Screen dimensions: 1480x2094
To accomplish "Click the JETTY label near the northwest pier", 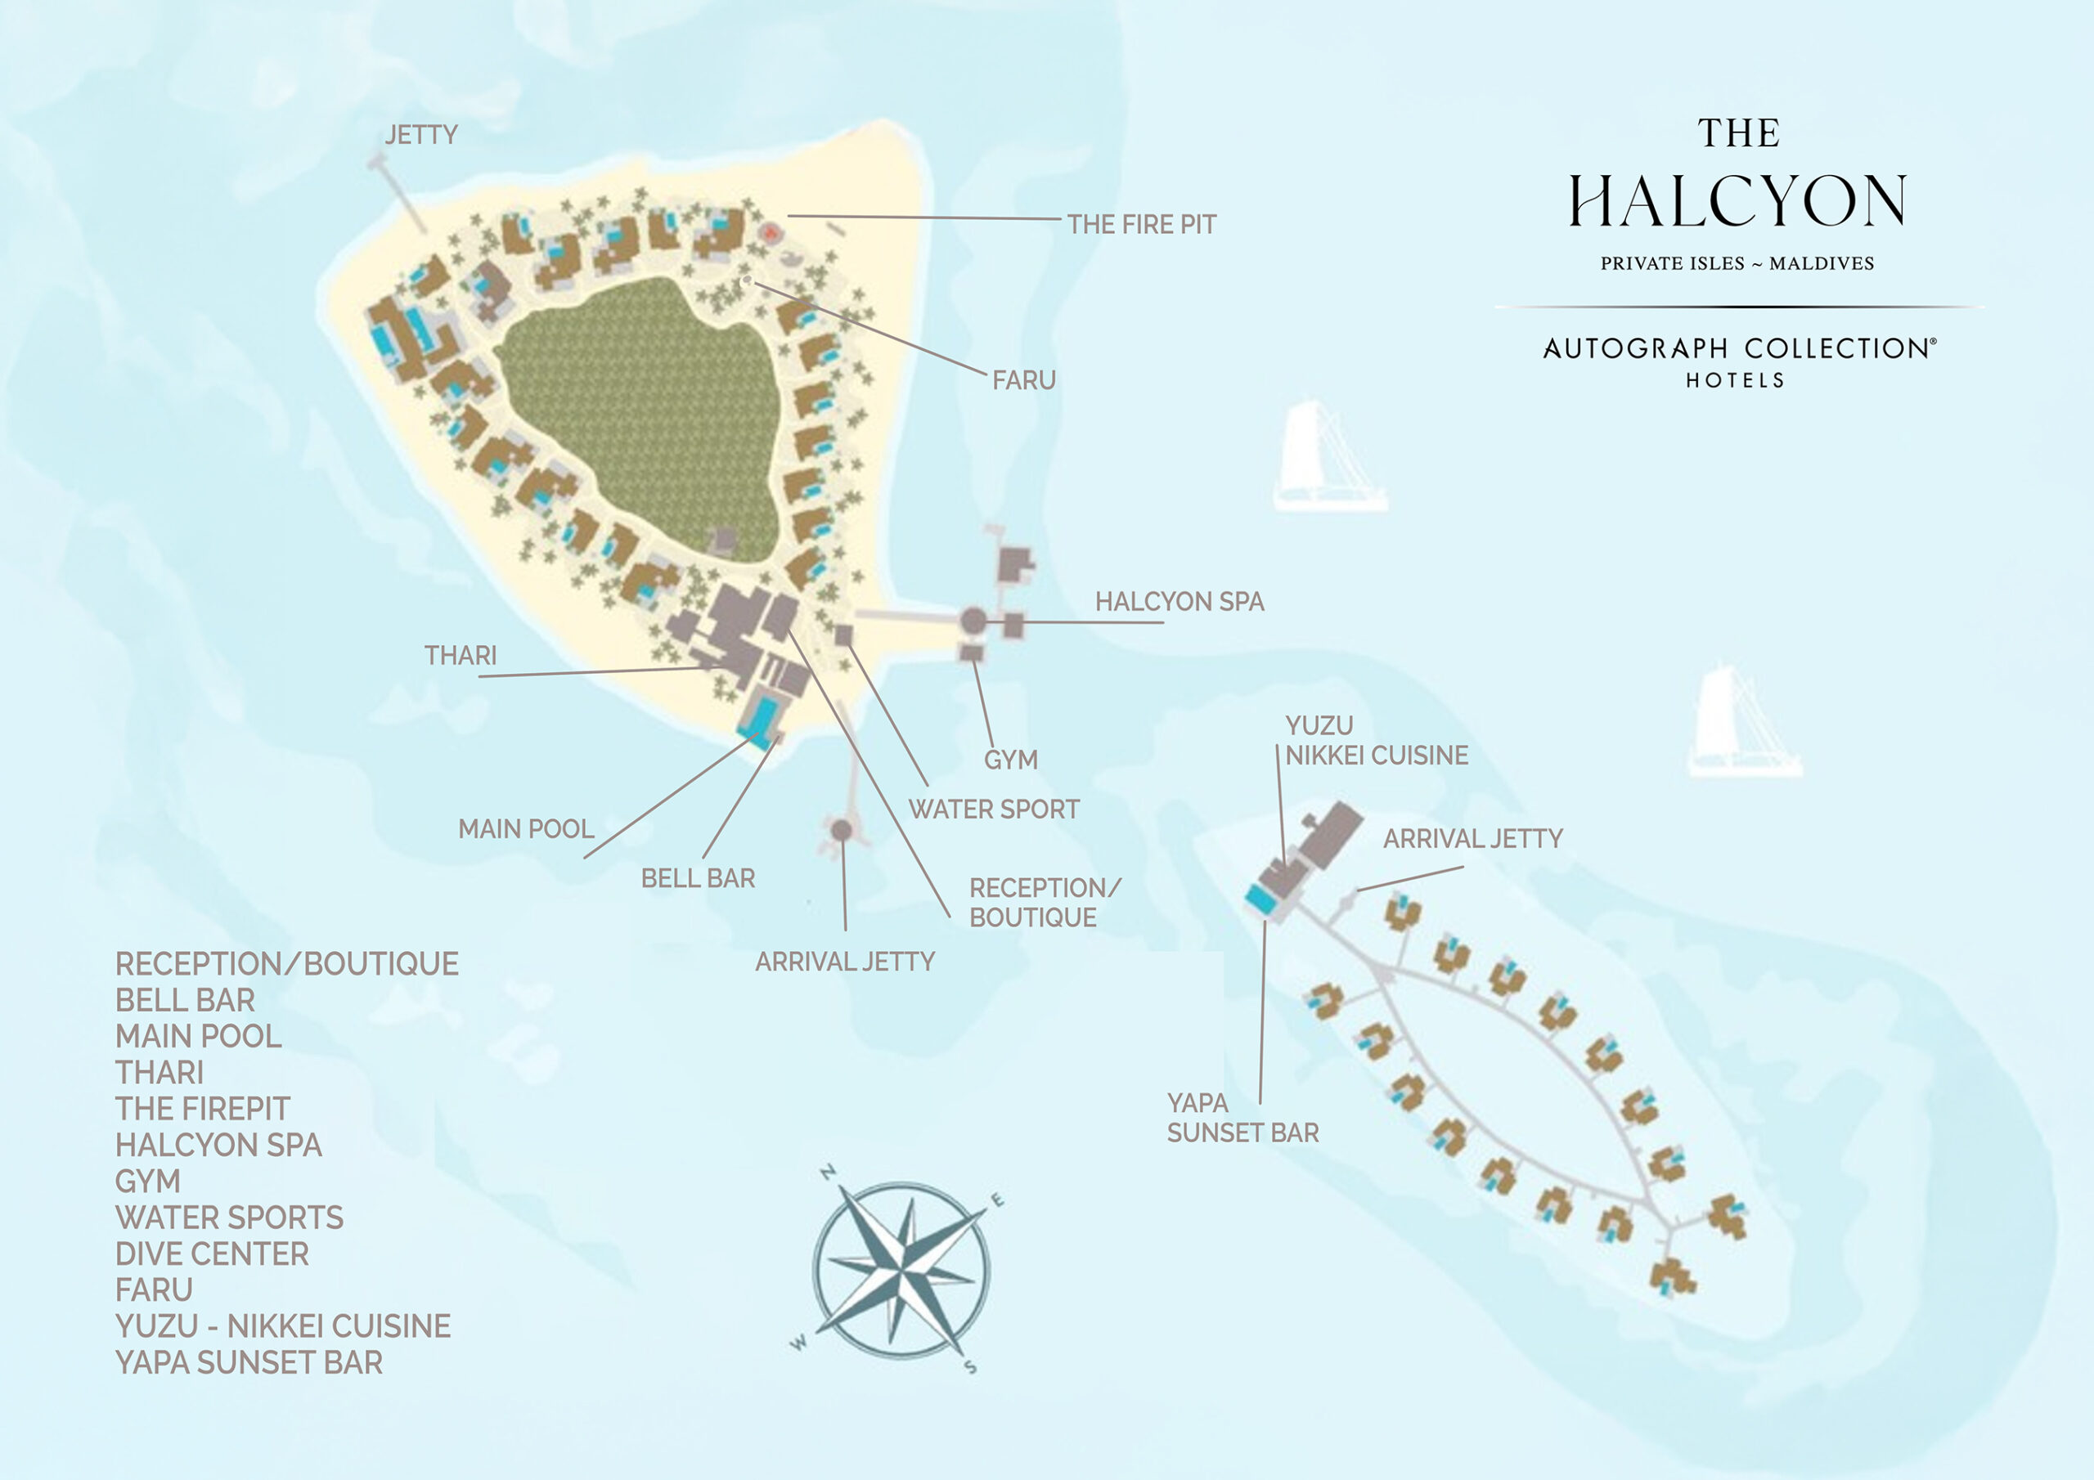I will tap(420, 135).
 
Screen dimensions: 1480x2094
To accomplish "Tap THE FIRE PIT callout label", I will tap(1141, 224).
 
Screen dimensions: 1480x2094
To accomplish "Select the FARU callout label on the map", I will tap(1023, 380).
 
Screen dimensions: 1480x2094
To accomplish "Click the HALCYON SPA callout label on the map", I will tap(1180, 602).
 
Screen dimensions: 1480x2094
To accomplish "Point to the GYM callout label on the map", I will tap(1010, 760).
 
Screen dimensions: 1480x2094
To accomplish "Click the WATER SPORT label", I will tap(993, 809).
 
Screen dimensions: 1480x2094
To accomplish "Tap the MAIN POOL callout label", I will tap(525, 829).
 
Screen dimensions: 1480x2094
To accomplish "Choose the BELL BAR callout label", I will tap(698, 878).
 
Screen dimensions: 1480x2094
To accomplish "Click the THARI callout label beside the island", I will tap(461, 656).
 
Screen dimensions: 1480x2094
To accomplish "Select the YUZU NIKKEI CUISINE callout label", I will tap(1375, 741).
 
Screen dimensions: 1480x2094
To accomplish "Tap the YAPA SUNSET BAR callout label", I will tap(1242, 1118).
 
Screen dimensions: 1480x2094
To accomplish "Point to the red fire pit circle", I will tap(771, 233).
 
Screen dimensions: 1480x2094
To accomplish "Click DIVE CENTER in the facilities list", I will tap(212, 1254).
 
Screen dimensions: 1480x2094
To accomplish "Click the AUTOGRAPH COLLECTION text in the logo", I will tap(1738, 348).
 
